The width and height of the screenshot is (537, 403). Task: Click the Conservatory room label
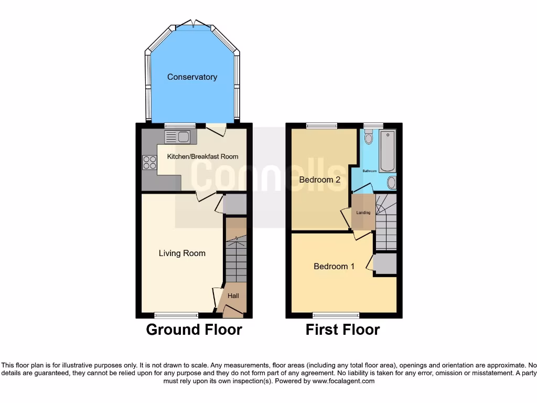192,77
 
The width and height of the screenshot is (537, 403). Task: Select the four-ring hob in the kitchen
149,163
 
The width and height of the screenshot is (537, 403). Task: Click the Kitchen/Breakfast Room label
202,156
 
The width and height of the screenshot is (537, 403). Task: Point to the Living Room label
182,253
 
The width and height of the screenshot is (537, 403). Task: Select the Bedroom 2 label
320,180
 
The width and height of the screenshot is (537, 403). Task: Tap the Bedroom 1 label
334,267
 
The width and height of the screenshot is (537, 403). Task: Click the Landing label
363,213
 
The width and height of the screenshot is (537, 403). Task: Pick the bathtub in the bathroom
388,151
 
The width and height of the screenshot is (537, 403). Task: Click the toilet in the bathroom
368,137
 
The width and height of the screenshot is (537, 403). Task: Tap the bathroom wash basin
391,183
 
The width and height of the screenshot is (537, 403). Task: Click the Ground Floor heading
194,330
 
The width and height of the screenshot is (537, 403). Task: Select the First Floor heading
343,330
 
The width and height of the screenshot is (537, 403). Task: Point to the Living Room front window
177,315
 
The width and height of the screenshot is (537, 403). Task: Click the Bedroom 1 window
336,315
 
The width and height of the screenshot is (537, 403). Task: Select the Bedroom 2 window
322,125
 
